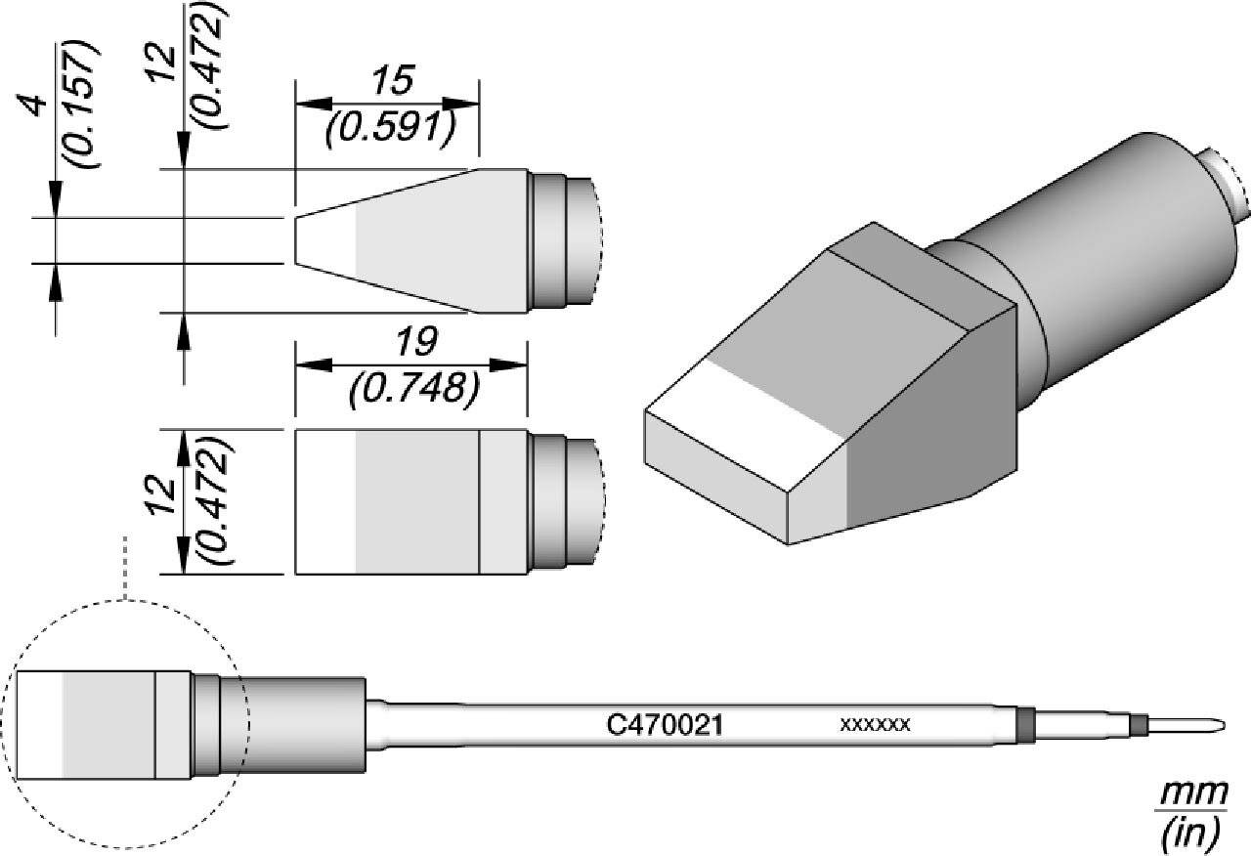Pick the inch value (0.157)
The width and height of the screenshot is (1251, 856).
coord(80,105)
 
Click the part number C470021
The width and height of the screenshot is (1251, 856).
coord(665,725)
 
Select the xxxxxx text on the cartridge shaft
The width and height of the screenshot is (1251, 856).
coord(876,725)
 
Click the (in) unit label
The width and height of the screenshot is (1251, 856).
coord(1189,832)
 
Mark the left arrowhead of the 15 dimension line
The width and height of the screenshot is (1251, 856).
coord(309,105)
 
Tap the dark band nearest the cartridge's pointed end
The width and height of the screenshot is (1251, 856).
coord(1139,725)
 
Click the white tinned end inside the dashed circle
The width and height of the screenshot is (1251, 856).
coord(40,725)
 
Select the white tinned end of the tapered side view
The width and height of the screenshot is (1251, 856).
coord(326,240)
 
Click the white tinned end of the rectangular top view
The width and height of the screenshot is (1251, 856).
coord(325,500)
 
